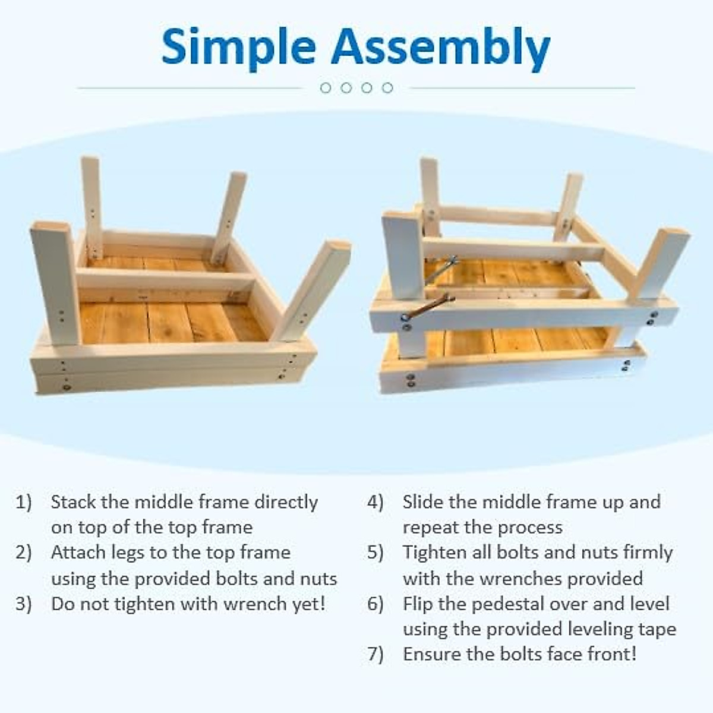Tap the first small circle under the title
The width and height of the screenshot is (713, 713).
(325, 88)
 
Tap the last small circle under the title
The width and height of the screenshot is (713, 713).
(387, 88)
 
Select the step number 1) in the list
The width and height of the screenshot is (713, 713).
(24, 502)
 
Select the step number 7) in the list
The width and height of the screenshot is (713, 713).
(376, 654)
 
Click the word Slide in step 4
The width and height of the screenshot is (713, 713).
(423, 502)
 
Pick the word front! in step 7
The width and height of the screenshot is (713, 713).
(612, 654)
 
